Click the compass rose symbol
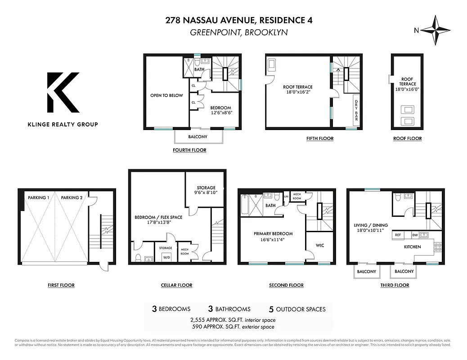(x=435, y=30)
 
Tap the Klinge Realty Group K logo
(x=63, y=93)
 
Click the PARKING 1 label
(x=38, y=198)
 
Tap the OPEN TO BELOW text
(x=166, y=95)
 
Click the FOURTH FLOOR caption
(x=189, y=150)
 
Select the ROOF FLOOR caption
(x=407, y=138)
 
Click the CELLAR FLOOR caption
(x=176, y=285)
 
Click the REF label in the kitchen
(x=398, y=235)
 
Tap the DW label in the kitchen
(x=415, y=235)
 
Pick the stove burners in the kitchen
(x=437, y=247)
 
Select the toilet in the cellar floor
(x=139, y=257)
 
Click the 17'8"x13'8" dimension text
(x=158, y=223)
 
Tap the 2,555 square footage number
(x=201, y=320)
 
